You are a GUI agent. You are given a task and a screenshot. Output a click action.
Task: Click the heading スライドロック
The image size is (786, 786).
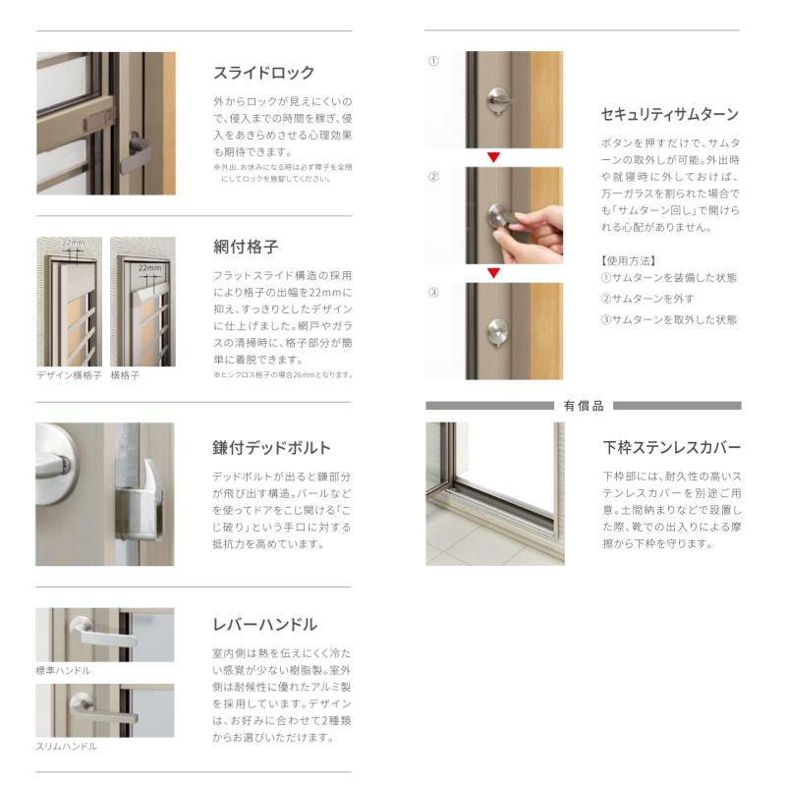[x=263, y=73]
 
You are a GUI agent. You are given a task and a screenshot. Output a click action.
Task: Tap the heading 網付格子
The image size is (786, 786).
[x=246, y=247]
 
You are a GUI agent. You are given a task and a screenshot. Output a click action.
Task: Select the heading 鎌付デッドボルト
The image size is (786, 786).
[x=271, y=448]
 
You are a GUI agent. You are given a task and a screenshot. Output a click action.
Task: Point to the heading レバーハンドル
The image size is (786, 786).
[x=264, y=625]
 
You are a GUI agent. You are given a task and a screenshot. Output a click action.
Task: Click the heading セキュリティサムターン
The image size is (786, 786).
[x=670, y=115]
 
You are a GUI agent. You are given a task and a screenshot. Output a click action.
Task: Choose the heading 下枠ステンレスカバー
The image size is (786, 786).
[x=672, y=447]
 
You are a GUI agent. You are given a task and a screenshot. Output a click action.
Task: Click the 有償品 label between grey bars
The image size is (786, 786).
[x=584, y=406]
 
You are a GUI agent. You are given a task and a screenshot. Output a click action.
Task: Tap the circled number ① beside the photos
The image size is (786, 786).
[x=433, y=61]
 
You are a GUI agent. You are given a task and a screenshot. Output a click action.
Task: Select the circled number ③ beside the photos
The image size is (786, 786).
[x=433, y=292]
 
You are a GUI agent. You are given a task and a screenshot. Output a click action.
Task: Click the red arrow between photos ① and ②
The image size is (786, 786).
[x=494, y=157]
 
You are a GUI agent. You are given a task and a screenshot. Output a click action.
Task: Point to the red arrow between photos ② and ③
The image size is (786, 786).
[x=494, y=273]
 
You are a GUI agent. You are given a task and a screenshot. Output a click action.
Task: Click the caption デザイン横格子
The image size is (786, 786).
[x=69, y=375]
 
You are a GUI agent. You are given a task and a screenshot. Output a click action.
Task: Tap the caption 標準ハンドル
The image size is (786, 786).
[x=63, y=670]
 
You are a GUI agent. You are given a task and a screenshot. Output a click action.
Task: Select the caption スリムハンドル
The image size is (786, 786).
[x=66, y=747]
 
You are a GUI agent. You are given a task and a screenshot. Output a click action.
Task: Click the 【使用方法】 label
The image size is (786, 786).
[x=629, y=260]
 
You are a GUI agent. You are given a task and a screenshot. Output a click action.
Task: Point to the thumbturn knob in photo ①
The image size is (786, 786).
[x=498, y=101]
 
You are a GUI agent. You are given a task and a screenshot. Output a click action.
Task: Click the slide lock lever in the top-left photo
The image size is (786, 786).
[x=135, y=153]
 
